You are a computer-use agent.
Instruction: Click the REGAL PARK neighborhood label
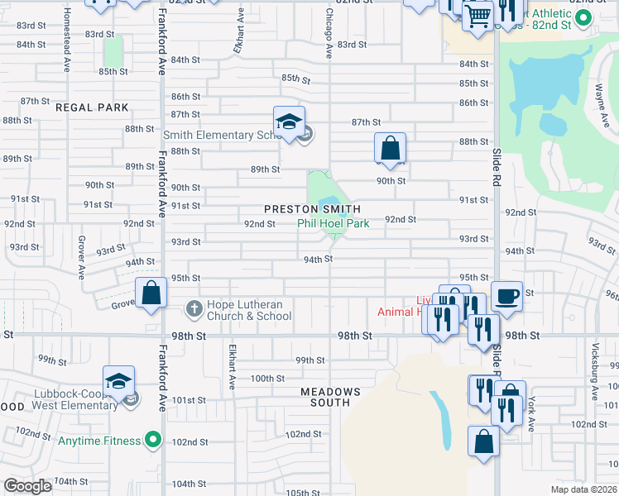(x=93, y=107)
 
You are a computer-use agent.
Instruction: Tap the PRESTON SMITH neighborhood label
(x=313, y=210)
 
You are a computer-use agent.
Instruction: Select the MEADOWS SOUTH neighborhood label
(x=330, y=397)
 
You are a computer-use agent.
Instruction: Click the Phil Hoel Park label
(x=333, y=223)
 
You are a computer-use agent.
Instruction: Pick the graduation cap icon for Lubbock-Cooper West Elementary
(x=118, y=381)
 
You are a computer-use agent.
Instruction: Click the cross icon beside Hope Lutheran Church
(x=193, y=309)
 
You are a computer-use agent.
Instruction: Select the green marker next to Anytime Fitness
(x=151, y=441)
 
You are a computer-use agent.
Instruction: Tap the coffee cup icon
(x=506, y=295)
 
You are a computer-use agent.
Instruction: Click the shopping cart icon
(x=478, y=14)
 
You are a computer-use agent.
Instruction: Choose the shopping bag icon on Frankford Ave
(x=151, y=293)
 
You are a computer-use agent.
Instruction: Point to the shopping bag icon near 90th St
(x=390, y=149)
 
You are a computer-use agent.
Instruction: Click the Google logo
(x=28, y=487)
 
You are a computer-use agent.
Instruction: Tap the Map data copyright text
(x=584, y=489)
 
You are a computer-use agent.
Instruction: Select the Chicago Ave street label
(x=329, y=35)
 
